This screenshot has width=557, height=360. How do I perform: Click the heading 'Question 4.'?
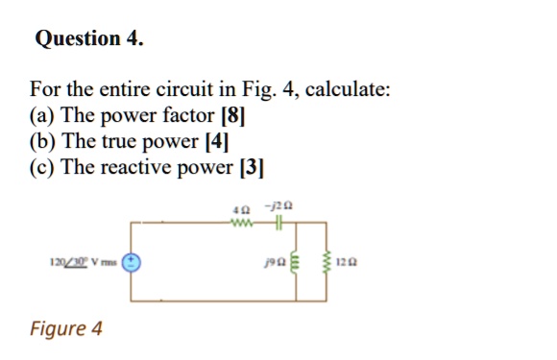(x=88, y=39)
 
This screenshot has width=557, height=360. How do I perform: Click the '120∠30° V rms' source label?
(x=83, y=261)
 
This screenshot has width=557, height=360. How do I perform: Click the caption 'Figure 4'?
(x=65, y=329)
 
